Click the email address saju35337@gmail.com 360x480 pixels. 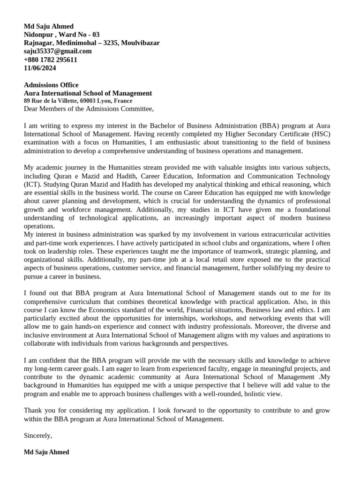pyautogui.click(x=58, y=51)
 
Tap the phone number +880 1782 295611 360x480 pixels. pyautogui.click(x=51, y=60)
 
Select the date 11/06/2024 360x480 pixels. pyautogui.click(x=40, y=68)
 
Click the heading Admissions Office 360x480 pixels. pyautogui.click(x=51, y=85)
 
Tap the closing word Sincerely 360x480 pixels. pyautogui.click(x=38, y=435)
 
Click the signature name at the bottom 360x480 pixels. pyautogui.click(x=46, y=452)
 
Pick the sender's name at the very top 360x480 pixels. pyautogui.click(x=49, y=26)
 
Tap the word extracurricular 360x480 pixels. pyautogui.click(x=273, y=234)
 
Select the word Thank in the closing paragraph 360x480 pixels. pyautogui.click(x=33, y=410)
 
